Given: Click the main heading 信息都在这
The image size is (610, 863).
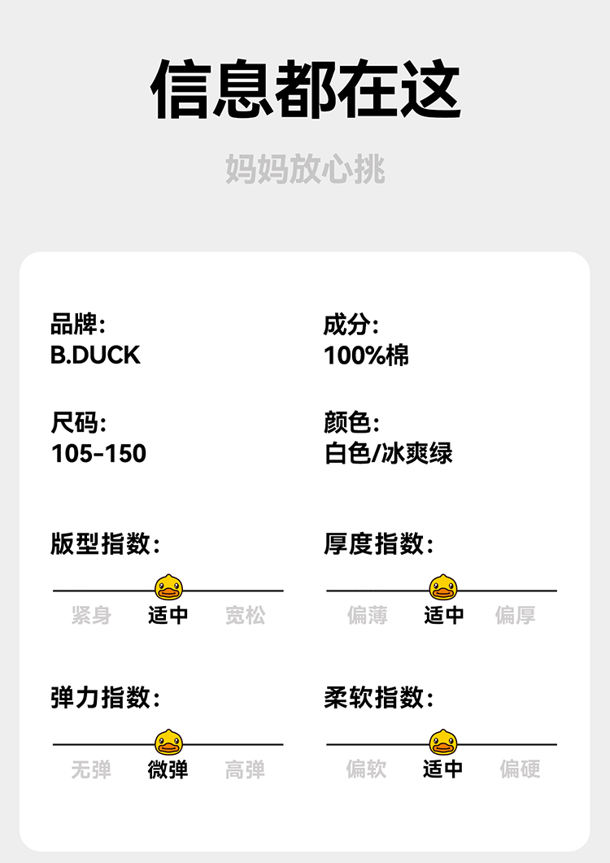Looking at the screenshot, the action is tap(305, 89).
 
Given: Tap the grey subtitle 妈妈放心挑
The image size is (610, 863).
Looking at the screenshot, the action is tap(305, 169).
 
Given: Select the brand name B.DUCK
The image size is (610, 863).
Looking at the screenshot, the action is tap(95, 355).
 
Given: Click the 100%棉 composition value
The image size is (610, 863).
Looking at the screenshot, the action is tap(366, 355).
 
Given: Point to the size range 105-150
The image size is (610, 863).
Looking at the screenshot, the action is tap(98, 453).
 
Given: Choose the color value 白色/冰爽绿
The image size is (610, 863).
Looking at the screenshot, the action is tap(388, 453).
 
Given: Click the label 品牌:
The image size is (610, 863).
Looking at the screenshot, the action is tap(78, 325).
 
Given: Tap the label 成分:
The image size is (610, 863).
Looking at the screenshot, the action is tap(351, 325).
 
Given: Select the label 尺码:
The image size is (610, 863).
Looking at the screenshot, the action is tap(78, 423).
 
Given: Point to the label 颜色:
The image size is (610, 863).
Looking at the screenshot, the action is tap(351, 423).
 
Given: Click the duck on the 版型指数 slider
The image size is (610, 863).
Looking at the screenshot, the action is tap(168, 586).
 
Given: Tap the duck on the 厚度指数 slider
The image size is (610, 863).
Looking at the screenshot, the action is tap(442, 586).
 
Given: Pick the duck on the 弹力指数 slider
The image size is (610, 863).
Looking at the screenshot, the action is tap(168, 741).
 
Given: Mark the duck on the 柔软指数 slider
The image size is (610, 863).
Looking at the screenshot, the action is tap(442, 741).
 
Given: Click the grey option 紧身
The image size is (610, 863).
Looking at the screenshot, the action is tap(91, 615).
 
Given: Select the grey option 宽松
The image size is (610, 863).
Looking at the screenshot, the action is tap(245, 615).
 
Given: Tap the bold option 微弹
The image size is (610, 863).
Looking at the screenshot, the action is tap(168, 769).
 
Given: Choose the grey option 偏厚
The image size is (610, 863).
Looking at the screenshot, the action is tap(515, 615).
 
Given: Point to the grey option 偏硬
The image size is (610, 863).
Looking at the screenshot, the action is tap(520, 769).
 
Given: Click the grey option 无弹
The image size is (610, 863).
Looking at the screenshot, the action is tap(91, 769).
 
